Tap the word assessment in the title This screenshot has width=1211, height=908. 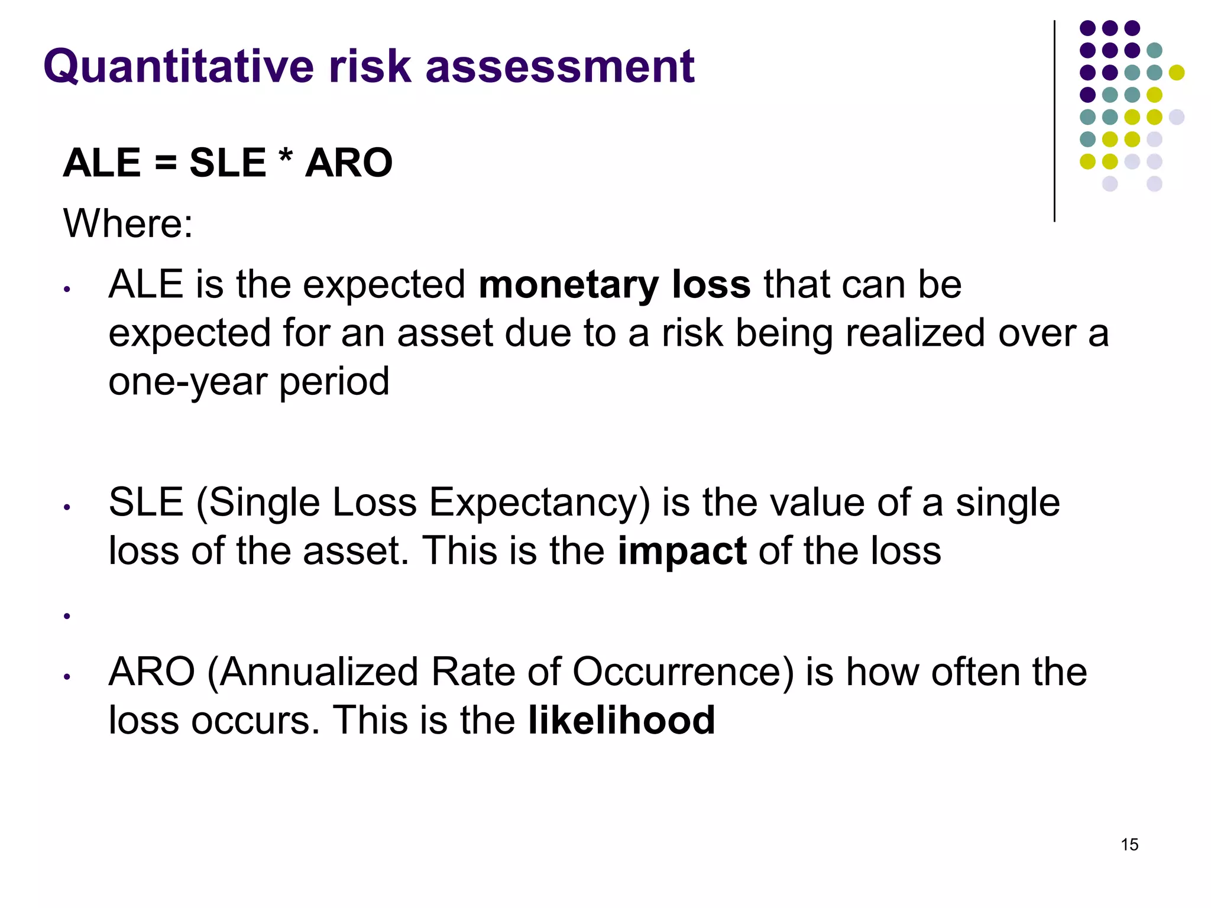[559, 66]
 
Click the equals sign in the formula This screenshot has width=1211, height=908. [166, 163]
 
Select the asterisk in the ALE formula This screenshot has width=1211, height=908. [285, 158]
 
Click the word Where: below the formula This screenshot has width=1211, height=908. [128, 223]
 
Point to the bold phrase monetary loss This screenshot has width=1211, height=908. [614, 285]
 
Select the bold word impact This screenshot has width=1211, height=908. [682, 551]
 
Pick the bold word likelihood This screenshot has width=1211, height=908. [621, 721]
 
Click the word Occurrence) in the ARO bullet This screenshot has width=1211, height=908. [683, 672]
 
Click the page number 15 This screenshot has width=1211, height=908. [1129, 845]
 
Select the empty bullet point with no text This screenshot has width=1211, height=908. [67, 616]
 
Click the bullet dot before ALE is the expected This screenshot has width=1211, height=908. [67, 290]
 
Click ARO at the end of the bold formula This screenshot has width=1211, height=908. [349, 163]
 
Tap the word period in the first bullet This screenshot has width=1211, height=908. [334, 382]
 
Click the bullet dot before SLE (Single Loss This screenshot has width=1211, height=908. [67, 507]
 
